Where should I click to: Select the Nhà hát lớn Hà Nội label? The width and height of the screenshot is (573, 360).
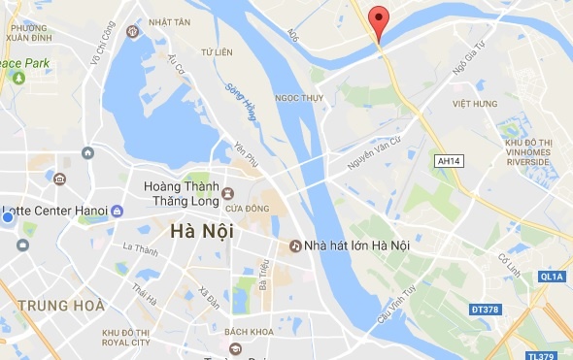[x=357, y=246]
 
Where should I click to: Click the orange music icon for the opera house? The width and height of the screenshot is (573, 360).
[x=294, y=246]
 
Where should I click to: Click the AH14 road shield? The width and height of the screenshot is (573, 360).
[x=449, y=161]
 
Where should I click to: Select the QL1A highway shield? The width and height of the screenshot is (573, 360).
[x=552, y=277]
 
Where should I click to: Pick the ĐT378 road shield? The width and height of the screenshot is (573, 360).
[x=487, y=309]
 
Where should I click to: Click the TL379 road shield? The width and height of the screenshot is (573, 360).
[x=552, y=354]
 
